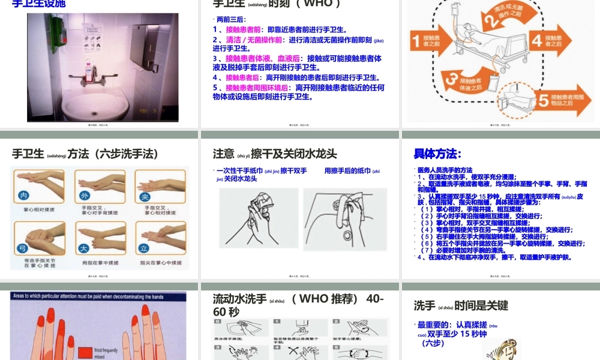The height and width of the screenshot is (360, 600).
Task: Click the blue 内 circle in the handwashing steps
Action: coord(24,196)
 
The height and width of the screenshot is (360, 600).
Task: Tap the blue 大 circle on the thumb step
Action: coord(84,247)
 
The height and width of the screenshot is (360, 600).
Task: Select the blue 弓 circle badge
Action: coord(24,247)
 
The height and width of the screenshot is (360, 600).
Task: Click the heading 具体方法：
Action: coord(437,154)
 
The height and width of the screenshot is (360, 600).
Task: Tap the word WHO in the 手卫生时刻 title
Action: coord(318,4)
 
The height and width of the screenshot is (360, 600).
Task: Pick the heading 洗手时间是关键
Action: coord(461,305)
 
